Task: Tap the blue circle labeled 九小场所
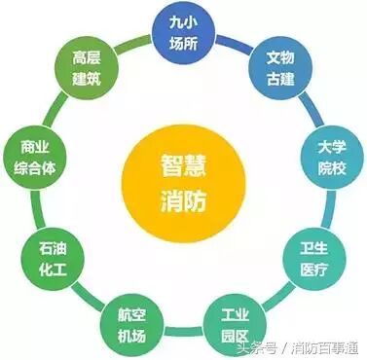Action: point(182,33)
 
